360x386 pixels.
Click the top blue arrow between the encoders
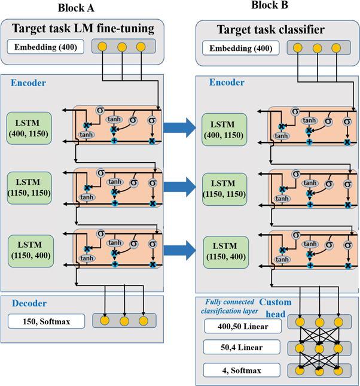(179, 126)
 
